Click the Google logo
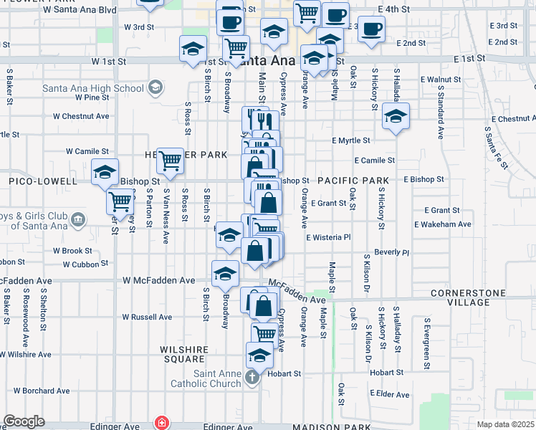(x=24, y=421)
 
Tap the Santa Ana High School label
(x=93, y=88)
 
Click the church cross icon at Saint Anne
(x=251, y=377)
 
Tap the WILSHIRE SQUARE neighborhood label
(x=183, y=354)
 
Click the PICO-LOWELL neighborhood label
(x=38, y=182)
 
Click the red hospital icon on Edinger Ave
(x=163, y=423)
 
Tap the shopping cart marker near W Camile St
(x=171, y=161)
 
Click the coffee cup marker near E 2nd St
(x=370, y=30)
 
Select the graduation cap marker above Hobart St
(x=259, y=354)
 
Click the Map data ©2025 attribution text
(x=505, y=424)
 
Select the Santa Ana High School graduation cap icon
(x=154, y=88)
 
